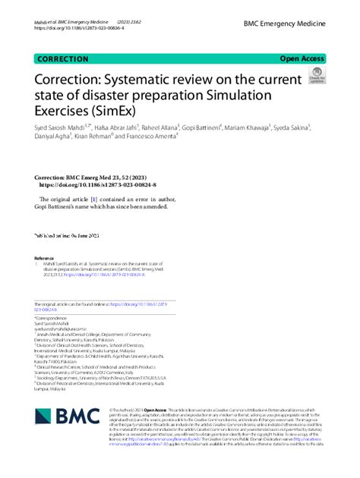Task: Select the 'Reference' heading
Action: pos(44,257)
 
